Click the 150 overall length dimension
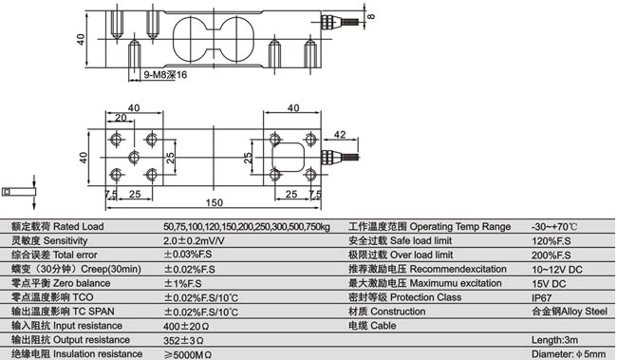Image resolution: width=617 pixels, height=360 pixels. pyautogui.click(x=215, y=203)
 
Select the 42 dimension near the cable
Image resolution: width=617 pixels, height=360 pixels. pyautogui.click(x=338, y=135)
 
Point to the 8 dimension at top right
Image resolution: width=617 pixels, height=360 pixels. pyautogui.click(x=371, y=16)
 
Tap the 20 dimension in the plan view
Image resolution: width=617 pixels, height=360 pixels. pyautogui.click(x=121, y=119)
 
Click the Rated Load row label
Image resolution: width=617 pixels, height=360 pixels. pyautogui.click(x=58, y=227)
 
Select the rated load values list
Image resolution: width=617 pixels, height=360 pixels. pyautogui.click(x=246, y=227)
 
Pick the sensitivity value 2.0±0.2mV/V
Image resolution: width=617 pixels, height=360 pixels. pyautogui.click(x=197, y=241)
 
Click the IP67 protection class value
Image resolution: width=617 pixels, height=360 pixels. pyautogui.click(x=544, y=297)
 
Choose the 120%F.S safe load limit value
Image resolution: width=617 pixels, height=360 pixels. pyautogui.click(x=552, y=241)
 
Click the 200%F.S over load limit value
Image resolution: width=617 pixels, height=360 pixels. pyautogui.click(x=552, y=256)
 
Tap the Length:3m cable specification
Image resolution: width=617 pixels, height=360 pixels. pyautogui.click(x=556, y=340)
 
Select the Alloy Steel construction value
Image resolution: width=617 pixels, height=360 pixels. pyautogui.click(x=569, y=312)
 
